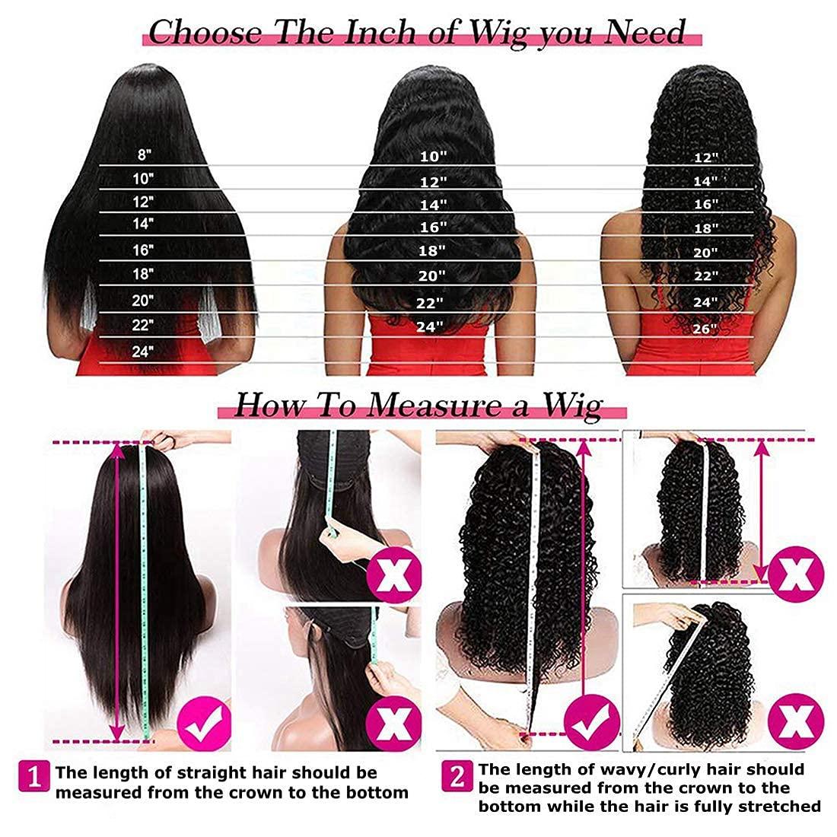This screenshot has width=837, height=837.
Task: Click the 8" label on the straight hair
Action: (144, 154)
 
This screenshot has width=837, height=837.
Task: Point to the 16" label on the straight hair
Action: (142, 250)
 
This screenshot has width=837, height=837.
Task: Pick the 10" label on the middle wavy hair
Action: (433, 156)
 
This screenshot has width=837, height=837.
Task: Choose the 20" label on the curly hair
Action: (705, 253)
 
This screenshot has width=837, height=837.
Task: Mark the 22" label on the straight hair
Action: (142, 325)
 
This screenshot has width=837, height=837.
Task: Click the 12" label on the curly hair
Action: (706, 158)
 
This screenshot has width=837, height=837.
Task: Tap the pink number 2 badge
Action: (457, 777)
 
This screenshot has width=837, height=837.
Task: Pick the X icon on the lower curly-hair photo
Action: (796, 717)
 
